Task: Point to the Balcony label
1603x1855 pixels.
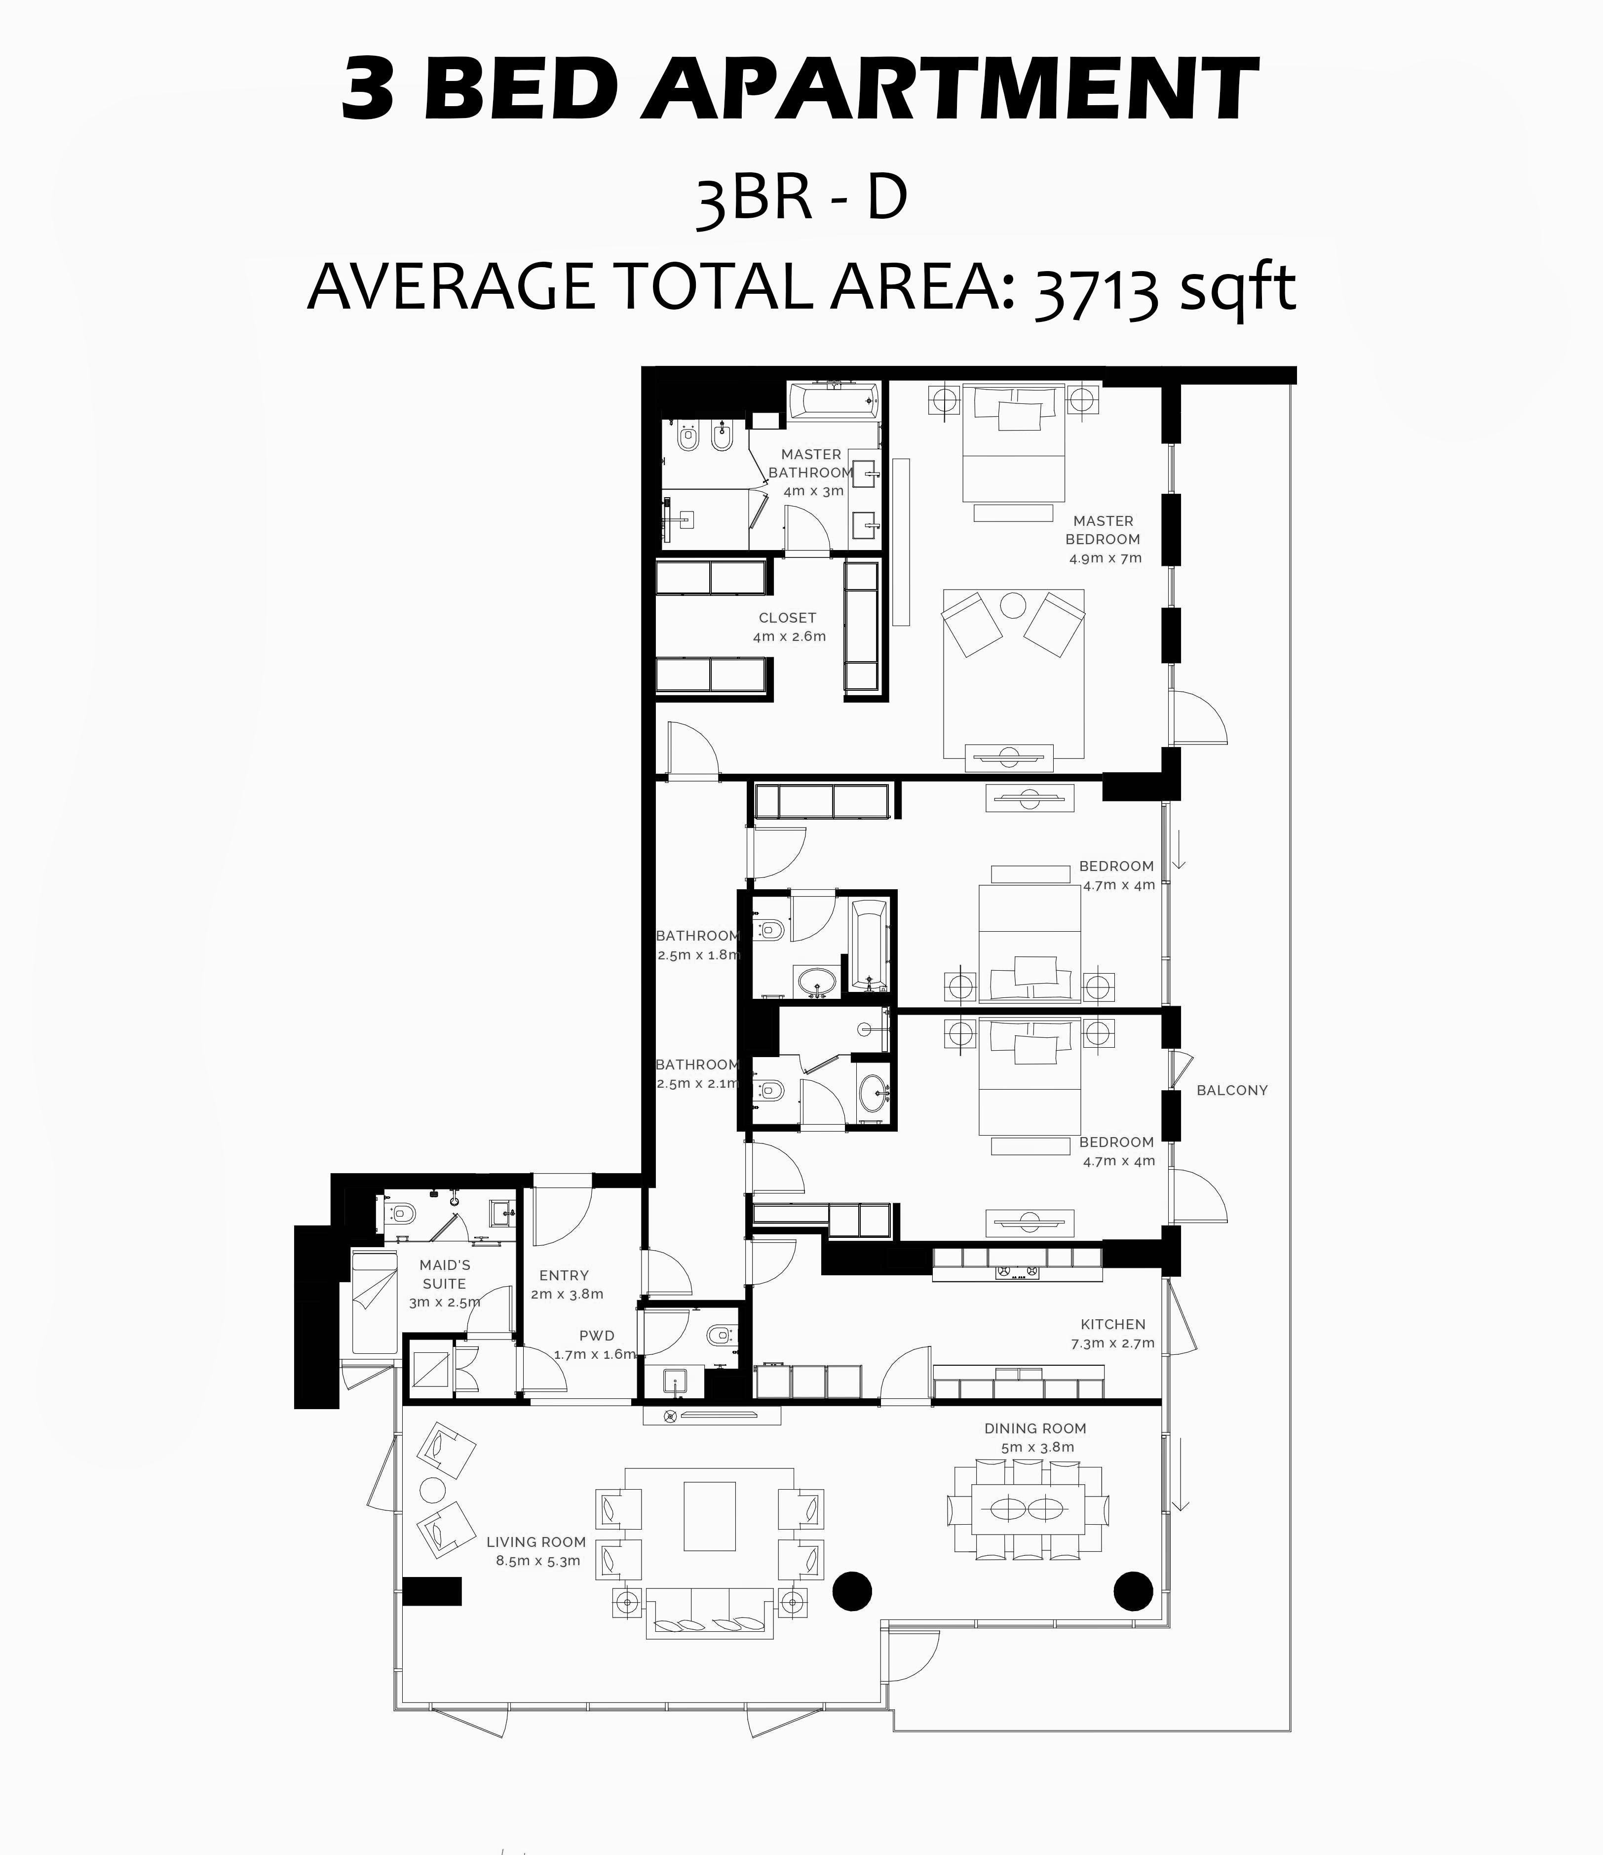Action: (x=1232, y=1091)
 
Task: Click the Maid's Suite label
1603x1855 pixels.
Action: (x=445, y=1274)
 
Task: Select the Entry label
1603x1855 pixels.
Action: (x=564, y=1276)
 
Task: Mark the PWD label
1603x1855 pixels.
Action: (x=597, y=1336)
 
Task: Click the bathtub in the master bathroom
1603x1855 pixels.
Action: (x=833, y=401)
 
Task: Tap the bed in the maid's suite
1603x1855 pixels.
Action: (x=374, y=1302)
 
